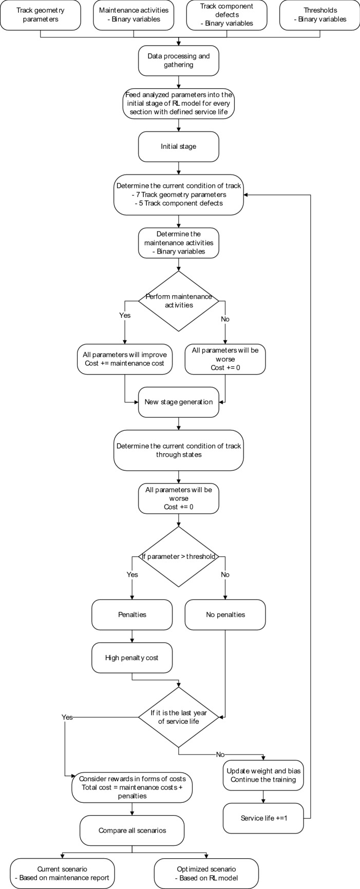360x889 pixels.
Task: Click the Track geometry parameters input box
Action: pyautogui.click(x=40, y=15)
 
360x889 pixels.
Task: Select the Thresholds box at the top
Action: pyautogui.click(x=320, y=15)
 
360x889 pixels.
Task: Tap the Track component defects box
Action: pyautogui.click(x=226, y=15)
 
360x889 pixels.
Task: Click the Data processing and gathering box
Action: pyautogui.click(x=178, y=61)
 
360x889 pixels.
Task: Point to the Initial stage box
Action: pyautogui.click(x=178, y=146)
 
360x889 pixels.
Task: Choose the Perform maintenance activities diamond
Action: pyautogui.click(x=178, y=301)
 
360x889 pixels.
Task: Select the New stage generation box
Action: pyautogui.click(x=178, y=402)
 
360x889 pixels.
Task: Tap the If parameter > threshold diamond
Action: pyautogui.click(x=178, y=556)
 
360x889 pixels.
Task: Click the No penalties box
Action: pyautogui.click(x=225, y=614)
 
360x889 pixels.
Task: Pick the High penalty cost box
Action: pyautogui.click(x=132, y=658)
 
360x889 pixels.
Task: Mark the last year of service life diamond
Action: pyautogui.click(x=178, y=717)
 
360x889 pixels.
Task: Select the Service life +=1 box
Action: pyautogui.click(x=263, y=818)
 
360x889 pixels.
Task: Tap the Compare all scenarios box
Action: pyautogui.click(x=132, y=830)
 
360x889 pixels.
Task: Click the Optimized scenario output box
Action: pyautogui.click(x=206, y=873)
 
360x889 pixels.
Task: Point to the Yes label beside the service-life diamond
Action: pyautogui.click(x=67, y=717)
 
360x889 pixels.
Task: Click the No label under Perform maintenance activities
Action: pyautogui.click(x=225, y=319)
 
